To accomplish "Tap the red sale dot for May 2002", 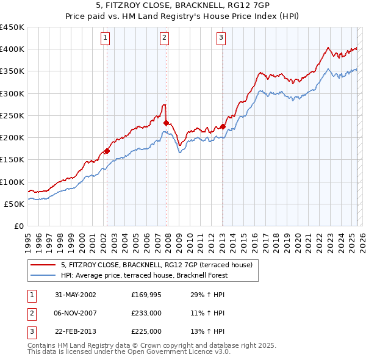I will click(x=107, y=151).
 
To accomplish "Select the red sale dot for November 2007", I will click(x=166, y=123).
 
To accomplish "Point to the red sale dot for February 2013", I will click(x=223, y=127).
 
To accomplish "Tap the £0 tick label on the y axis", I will click(x=18, y=226).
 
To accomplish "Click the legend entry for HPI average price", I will click(x=143, y=275).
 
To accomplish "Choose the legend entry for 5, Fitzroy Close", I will click(x=160, y=264).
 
